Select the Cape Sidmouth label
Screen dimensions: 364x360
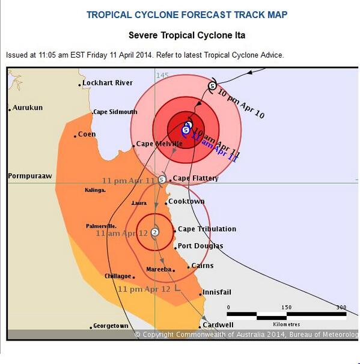115,112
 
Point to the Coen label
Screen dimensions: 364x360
87,135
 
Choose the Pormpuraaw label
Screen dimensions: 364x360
30,176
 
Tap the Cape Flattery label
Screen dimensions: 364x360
195,178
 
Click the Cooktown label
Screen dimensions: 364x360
186,202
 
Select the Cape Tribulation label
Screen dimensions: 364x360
207,229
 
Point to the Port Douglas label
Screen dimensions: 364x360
200,246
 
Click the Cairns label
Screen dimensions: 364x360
202,266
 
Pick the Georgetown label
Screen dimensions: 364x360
111,326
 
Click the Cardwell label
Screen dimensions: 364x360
218,325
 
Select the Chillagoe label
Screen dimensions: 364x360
117,276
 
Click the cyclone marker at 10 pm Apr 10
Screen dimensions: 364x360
212,86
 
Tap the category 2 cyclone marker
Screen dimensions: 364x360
155,232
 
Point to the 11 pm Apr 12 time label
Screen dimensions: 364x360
145,289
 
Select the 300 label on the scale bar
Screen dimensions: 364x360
341,308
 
